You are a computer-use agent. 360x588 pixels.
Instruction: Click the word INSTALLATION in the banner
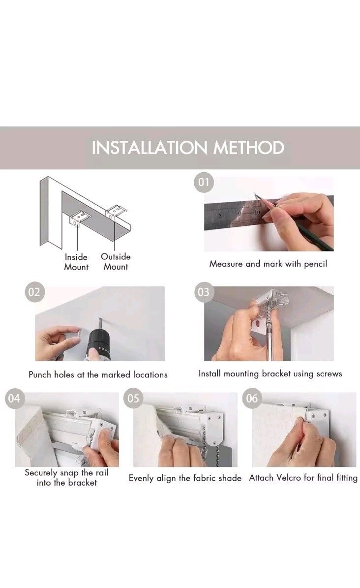[x=149, y=148]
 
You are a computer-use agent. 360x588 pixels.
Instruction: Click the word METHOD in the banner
[x=249, y=148]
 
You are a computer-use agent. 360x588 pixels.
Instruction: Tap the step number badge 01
[x=204, y=182]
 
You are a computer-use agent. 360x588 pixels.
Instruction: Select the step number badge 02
[x=34, y=292]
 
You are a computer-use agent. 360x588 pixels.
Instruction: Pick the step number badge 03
[x=204, y=292]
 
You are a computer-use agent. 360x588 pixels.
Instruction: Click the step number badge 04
[x=14, y=398]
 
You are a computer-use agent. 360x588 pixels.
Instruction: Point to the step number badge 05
[x=133, y=398]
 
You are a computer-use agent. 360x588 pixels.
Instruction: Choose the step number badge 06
[x=252, y=398]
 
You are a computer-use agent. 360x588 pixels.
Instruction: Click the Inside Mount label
[x=76, y=262]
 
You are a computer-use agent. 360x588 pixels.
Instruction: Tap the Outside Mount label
[x=116, y=262]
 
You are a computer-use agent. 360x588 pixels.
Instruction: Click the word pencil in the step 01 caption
[x=315, y=264]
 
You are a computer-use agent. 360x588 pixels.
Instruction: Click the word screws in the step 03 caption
[x=329, y=374]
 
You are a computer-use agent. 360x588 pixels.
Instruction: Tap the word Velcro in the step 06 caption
[x=288, y=478]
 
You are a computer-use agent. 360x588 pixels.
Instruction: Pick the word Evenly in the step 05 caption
[x=141, y=478]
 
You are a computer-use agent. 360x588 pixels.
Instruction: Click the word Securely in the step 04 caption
[x=41, y=473]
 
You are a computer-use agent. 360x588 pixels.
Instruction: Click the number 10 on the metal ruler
[x=257, y=212]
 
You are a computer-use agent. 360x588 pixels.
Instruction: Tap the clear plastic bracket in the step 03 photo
[x=273, y=299]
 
